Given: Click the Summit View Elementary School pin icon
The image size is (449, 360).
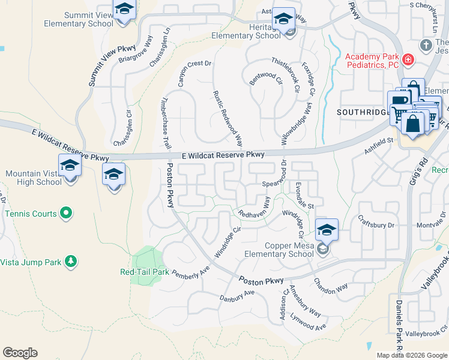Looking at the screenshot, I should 124,11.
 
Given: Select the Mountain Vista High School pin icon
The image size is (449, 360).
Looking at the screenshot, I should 70,166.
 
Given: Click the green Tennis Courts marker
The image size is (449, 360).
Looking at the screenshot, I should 66,213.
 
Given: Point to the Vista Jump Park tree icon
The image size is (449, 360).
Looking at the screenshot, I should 71,261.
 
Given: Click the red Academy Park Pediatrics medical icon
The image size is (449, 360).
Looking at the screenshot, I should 408,59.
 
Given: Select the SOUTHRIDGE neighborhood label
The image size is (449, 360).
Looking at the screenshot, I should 361,112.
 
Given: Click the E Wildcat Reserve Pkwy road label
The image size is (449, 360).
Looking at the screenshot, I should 223,155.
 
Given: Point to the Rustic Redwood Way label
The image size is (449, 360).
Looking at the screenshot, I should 228,118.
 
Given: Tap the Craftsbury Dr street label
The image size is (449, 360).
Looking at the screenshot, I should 375,223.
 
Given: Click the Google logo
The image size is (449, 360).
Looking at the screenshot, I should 20,353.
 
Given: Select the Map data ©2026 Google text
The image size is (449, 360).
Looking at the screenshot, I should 411,355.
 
